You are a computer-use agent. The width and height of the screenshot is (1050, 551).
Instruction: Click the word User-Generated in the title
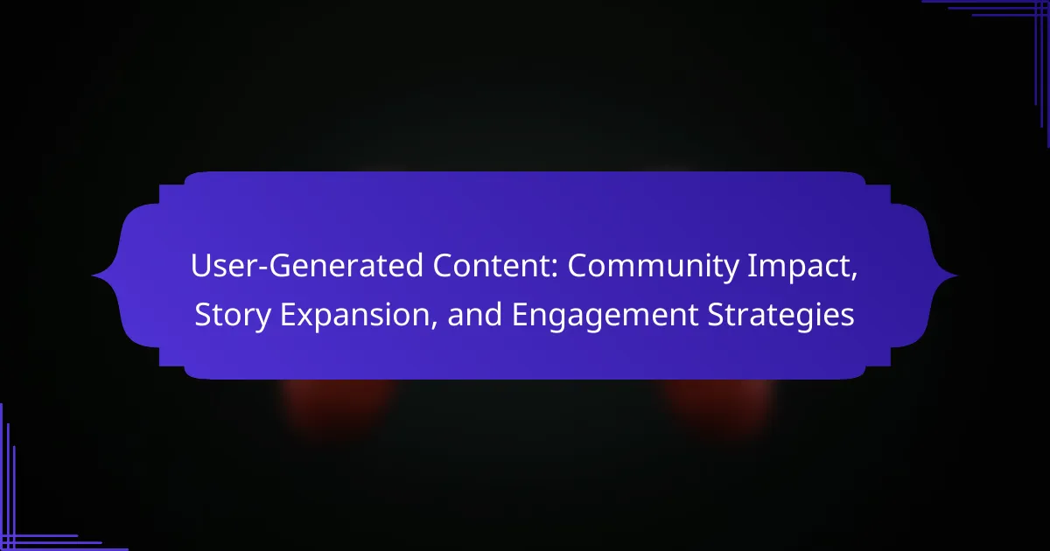click(306, 267)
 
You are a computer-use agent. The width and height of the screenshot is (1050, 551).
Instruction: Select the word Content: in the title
click(495, 266)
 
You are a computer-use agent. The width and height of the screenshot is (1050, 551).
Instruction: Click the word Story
click(233, 316)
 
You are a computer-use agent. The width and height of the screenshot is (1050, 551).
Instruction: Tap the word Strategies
click(780, 316)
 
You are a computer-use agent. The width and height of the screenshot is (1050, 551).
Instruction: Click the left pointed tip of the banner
click(92, 275)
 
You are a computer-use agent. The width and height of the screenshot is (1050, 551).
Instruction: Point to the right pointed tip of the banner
click(957, 275)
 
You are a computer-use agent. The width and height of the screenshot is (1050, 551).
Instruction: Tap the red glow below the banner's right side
click(719, 404)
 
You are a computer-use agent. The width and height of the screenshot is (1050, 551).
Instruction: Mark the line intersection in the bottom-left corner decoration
click(8, 542)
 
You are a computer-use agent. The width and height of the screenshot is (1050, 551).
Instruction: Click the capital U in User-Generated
click(199, 266)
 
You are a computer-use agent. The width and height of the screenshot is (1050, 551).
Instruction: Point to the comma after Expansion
click(434, 326)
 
